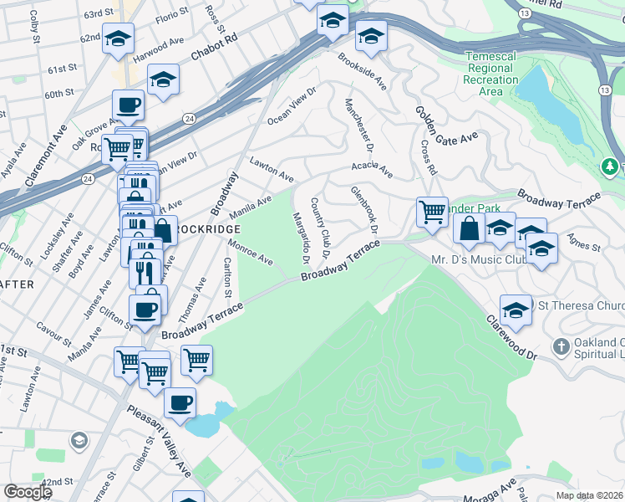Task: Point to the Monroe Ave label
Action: [x=251, y=252]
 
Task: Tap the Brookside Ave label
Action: [x=361, y=72]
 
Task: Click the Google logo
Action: [x=27, y=491]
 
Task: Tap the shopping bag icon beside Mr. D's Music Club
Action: [x=470, y=229]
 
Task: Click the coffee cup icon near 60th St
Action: [x=128, y=105]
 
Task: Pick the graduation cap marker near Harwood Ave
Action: [x=118, y=38]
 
